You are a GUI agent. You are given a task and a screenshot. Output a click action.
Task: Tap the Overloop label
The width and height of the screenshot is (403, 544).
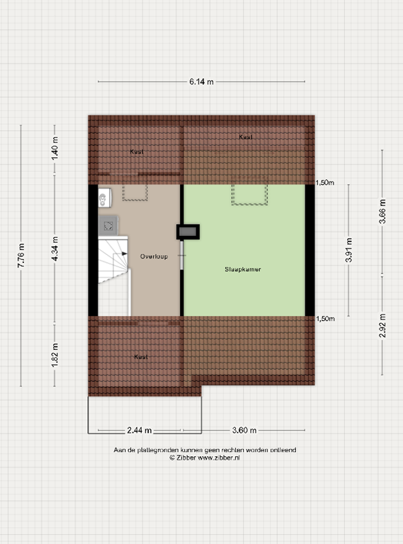[x=154, y=256]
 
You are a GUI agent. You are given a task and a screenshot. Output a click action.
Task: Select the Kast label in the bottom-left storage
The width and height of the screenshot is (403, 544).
[x=141, y=357]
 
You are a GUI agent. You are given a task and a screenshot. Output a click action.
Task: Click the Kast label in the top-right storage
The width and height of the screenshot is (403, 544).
[x=245, y=137]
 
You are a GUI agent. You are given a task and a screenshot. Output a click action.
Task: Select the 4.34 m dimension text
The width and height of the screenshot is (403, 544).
[x=55, y=251]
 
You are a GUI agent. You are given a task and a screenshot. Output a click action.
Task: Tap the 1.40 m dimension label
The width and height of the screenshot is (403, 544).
[x=55, y=150]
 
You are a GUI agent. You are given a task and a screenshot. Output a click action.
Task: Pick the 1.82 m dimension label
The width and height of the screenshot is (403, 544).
[x=55, y=353]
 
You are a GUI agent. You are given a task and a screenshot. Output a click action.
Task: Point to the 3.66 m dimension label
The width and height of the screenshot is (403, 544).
[x=382, y=212]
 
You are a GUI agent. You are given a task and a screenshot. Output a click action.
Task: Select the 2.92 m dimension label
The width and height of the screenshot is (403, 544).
[x=382, y=325]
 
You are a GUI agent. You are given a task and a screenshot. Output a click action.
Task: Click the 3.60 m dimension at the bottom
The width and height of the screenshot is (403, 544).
[x=243, y=430]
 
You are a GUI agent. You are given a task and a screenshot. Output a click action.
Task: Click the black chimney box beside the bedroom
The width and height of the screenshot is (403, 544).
[x=188, y=231]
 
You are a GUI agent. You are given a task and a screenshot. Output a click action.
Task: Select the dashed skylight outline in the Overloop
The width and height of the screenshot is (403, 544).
[x=135, y=193]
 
